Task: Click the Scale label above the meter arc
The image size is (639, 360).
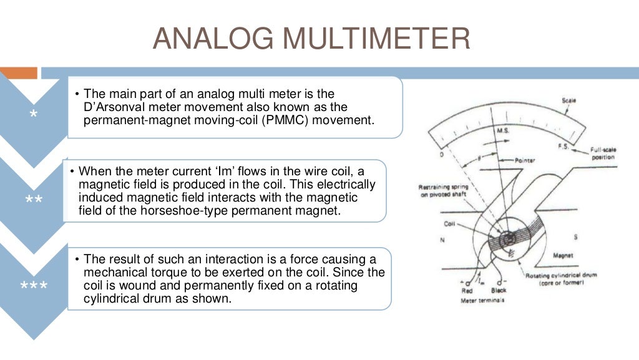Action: [x=568, y=100]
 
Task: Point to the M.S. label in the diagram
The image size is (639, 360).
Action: [x=503, y=132]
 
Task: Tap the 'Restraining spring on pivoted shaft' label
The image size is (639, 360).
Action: [x=443, y=190]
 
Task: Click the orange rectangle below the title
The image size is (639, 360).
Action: [x=19, y=73]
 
